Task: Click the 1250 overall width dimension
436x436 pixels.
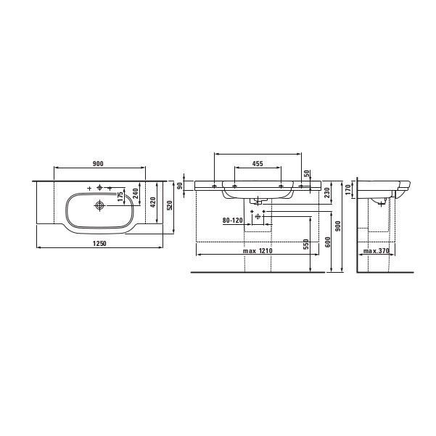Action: coord(99,244)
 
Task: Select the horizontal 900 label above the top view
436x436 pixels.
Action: coord(98,164)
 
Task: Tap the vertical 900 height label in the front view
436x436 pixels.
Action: coord(338,226)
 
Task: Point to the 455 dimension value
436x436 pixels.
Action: coord(258,164)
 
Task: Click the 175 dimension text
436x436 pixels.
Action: coord(120,197)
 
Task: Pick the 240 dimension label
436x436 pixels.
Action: coord(136,193)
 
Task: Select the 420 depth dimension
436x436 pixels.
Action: coord(153,202)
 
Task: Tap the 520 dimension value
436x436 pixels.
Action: coord(170,205)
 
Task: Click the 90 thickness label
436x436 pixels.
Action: coord(180,186)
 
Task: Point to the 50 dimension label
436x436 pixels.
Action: coord(307,173)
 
